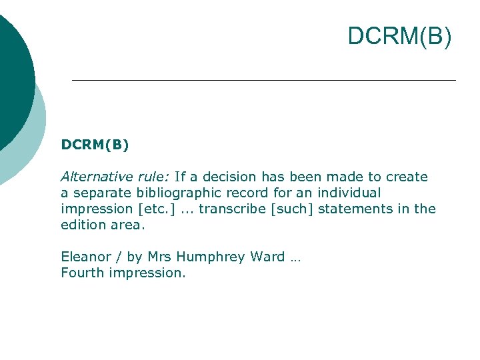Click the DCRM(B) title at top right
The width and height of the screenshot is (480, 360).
pos(399,37)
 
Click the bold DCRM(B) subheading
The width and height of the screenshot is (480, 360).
pos(95,144)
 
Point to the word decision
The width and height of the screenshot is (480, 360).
pos(230,177)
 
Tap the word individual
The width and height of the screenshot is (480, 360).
pos(347,193)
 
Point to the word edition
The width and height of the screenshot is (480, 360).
pos(81,225)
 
